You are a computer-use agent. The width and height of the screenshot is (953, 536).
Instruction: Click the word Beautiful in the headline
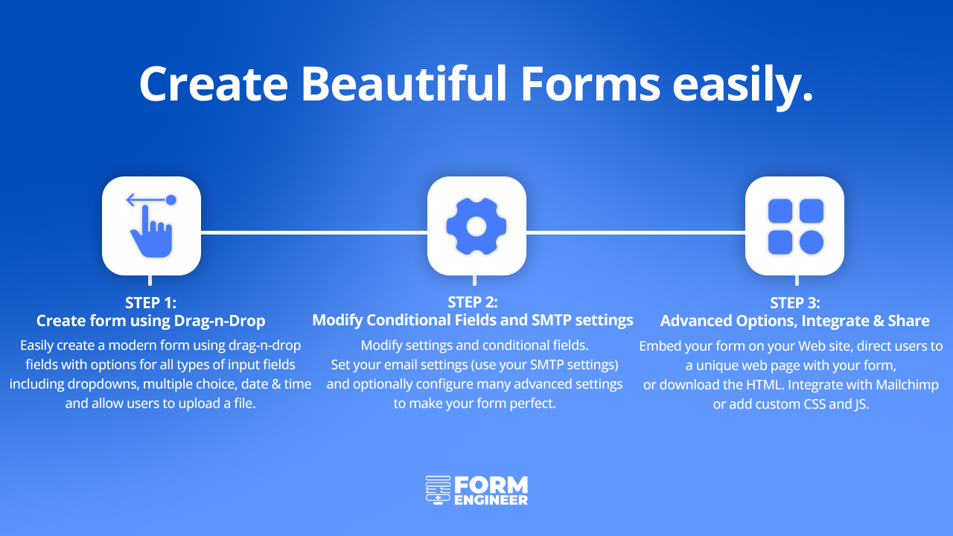coord(404,83)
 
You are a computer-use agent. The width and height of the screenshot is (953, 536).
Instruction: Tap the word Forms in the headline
coord(590,83)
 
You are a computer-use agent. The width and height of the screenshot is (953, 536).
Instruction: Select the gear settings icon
coord(476,226)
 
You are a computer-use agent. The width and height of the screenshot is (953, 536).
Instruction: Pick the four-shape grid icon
coord(796,226)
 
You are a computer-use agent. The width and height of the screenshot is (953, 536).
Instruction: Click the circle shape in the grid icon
coord(812,243)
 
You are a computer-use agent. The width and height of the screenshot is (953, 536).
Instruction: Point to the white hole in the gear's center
coord(476,226)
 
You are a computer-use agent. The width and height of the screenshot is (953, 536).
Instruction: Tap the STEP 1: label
coord(150,303)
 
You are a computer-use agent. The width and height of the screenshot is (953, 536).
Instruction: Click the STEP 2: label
coord(473,302)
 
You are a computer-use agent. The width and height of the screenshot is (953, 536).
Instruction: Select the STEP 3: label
coord(795,303)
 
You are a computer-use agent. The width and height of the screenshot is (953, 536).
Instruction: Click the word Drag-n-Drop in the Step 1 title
coord(220,321)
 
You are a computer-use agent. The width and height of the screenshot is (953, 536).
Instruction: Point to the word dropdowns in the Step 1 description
coord(103,384)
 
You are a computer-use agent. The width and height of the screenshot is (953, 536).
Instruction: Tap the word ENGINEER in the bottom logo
coord(491,500)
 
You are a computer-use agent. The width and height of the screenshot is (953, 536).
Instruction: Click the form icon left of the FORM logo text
coord(439,490)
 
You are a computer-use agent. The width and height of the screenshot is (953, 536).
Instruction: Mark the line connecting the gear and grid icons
coord(636,232)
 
